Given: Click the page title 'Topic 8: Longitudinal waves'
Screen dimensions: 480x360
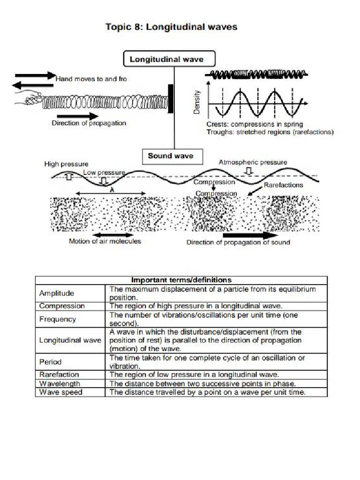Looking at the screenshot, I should point(171,27).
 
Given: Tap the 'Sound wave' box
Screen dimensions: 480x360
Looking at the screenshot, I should point(170,156).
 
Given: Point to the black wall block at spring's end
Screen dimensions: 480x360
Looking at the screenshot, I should point(171,99).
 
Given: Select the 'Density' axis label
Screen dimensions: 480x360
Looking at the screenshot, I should point(197,102).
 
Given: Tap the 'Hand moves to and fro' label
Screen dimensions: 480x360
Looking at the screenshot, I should point(91,79).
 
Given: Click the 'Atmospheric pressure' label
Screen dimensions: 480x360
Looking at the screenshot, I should point(253,162).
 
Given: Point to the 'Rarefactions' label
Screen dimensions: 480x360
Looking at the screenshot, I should point(283,185).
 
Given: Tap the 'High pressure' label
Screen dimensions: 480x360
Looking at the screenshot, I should point(66,164).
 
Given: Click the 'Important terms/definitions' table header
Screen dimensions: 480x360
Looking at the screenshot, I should point(181,280).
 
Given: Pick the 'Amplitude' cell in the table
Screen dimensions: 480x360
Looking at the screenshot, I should point(57,293).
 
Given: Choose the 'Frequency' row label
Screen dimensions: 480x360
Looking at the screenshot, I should point(58,319).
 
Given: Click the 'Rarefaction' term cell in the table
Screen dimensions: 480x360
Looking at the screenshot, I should point(60,375).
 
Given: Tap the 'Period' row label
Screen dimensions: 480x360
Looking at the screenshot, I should point(51,362).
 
